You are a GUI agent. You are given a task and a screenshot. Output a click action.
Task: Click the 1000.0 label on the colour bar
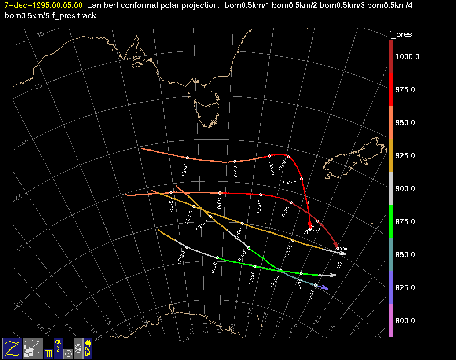click(407, 57)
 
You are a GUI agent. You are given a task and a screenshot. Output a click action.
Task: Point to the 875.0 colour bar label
click(405, 222)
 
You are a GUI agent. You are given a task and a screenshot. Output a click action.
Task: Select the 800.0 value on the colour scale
click(405, 321)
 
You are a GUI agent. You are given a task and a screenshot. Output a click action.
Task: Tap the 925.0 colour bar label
click(405, 156)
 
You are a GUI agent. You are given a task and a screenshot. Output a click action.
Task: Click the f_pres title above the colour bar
click(400, 34)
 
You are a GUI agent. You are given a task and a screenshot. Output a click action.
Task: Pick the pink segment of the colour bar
click(390, 320)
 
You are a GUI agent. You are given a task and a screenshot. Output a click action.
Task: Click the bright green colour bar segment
click(390, 221)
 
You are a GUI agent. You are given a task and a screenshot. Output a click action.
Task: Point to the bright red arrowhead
click(310, 225)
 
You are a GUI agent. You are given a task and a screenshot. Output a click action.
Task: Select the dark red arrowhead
click(336, 245)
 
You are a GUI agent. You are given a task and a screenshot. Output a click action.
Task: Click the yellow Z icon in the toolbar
click(12, 348)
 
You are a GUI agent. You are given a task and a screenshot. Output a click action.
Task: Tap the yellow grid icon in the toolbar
click(48, 353)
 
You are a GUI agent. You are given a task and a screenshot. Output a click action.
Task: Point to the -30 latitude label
click(39, 35)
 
